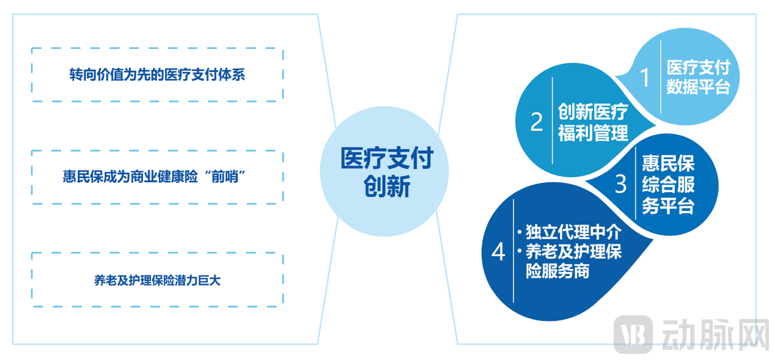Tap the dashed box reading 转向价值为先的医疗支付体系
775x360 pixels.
[157, 75]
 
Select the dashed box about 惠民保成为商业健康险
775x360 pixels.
[157, 177]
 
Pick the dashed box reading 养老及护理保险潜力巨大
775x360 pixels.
[157, 280]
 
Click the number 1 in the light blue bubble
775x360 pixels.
[644, 78]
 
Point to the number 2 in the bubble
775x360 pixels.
[536, 122]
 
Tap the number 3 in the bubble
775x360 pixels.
[620, 184]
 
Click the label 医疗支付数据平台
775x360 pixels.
[698, 77]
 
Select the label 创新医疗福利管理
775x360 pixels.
[592, 122]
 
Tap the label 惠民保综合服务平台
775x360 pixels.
[668, 184]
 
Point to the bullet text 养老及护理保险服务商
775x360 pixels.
[573, 261]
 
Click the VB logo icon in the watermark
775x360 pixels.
[633, 334]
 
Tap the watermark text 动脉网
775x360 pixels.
[715, 334]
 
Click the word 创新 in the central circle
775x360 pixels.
[386, 187]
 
